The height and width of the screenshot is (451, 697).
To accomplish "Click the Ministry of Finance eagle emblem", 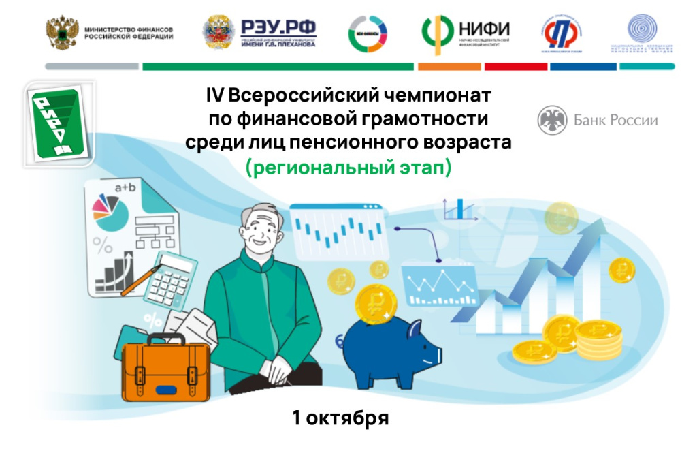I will coord(62,32).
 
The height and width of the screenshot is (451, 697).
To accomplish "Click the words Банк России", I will coord(615,121).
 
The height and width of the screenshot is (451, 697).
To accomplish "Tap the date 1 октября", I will coord(340,418).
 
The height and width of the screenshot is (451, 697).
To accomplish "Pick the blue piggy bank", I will coord(390,347).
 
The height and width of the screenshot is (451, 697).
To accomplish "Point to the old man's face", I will coord(262,232).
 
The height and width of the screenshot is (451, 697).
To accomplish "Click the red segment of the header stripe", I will coord(516,67).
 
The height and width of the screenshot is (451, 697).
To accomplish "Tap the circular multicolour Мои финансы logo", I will coord(368,33).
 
